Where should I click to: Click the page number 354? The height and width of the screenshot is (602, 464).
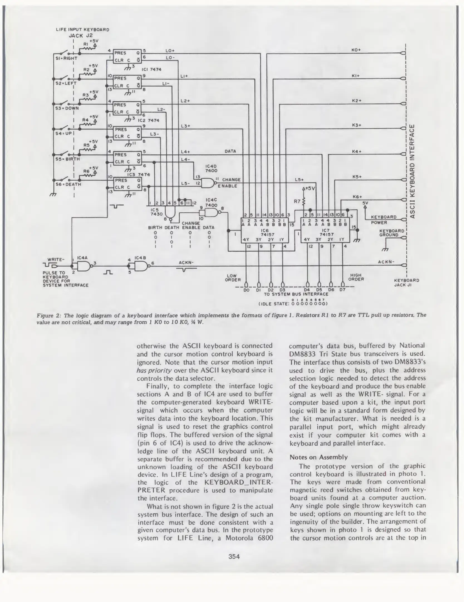(x=234, y=557)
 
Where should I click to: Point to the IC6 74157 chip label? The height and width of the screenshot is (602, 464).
(x=264, y=233)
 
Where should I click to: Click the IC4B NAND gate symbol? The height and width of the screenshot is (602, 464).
(x=140, y=266)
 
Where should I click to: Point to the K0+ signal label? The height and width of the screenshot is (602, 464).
(x=356, y=50)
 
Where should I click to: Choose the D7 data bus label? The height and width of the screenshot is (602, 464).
(x=342, y=290)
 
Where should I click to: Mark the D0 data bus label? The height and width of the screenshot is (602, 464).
(x=246, y=290)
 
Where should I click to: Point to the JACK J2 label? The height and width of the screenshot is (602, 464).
(x=80, y=35)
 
